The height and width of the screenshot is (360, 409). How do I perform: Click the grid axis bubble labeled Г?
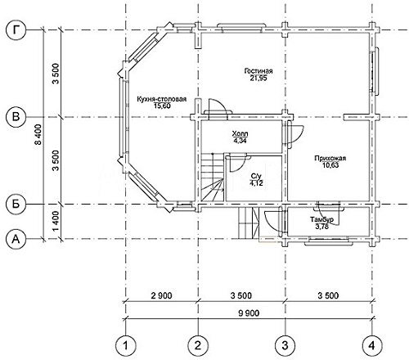tap(16, 30)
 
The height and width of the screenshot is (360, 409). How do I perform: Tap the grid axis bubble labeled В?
tap(16, 117)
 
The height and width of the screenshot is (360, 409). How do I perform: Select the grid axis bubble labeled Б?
tap(16, 204)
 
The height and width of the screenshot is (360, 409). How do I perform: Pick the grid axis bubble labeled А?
tap(16, 239)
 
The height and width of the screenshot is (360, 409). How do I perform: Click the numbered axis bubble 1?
tap(126, 346)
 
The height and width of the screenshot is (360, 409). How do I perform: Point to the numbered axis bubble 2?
tap(198, 346)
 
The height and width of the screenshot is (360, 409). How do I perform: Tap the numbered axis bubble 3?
tap(285, 346)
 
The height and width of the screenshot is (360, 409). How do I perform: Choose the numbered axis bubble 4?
tap(372, 346)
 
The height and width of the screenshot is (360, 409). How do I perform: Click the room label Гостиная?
tap(258, 71)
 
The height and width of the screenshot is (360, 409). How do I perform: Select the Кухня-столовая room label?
tap(162, 99)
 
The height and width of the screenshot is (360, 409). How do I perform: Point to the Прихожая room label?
tap(330, 159)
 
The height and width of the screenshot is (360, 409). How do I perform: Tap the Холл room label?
tap(240, 134)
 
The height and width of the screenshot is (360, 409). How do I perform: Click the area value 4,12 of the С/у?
tap(256, 183)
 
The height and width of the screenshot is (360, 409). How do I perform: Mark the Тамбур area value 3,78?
tap(322, 227)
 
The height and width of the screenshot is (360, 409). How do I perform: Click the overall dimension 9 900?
tap(249, 313)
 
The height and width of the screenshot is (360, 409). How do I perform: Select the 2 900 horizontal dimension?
tap(162, 295)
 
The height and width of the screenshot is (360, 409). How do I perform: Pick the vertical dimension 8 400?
tap(39, 134)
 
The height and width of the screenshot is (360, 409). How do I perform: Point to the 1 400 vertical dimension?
tap(56, 221)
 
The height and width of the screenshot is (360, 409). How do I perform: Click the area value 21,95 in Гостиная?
tap(258, 79)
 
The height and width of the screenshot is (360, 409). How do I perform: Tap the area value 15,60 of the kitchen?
tap(162, 106)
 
